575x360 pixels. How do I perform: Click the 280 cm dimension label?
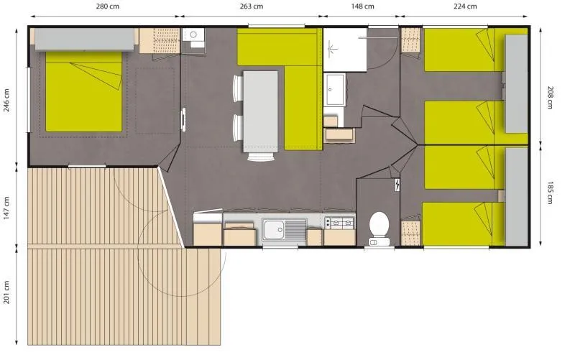[x=103, y=6]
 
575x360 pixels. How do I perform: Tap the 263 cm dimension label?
[x=250, y=6]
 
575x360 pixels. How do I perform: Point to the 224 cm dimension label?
[x=466, y=6]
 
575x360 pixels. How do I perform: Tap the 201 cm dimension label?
[x=6, y=290]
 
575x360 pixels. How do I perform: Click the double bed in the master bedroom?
[x=84, y=96]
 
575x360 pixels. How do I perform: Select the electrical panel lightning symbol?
[x=397, y=185]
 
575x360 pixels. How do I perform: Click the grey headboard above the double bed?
[x=84, y=40]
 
